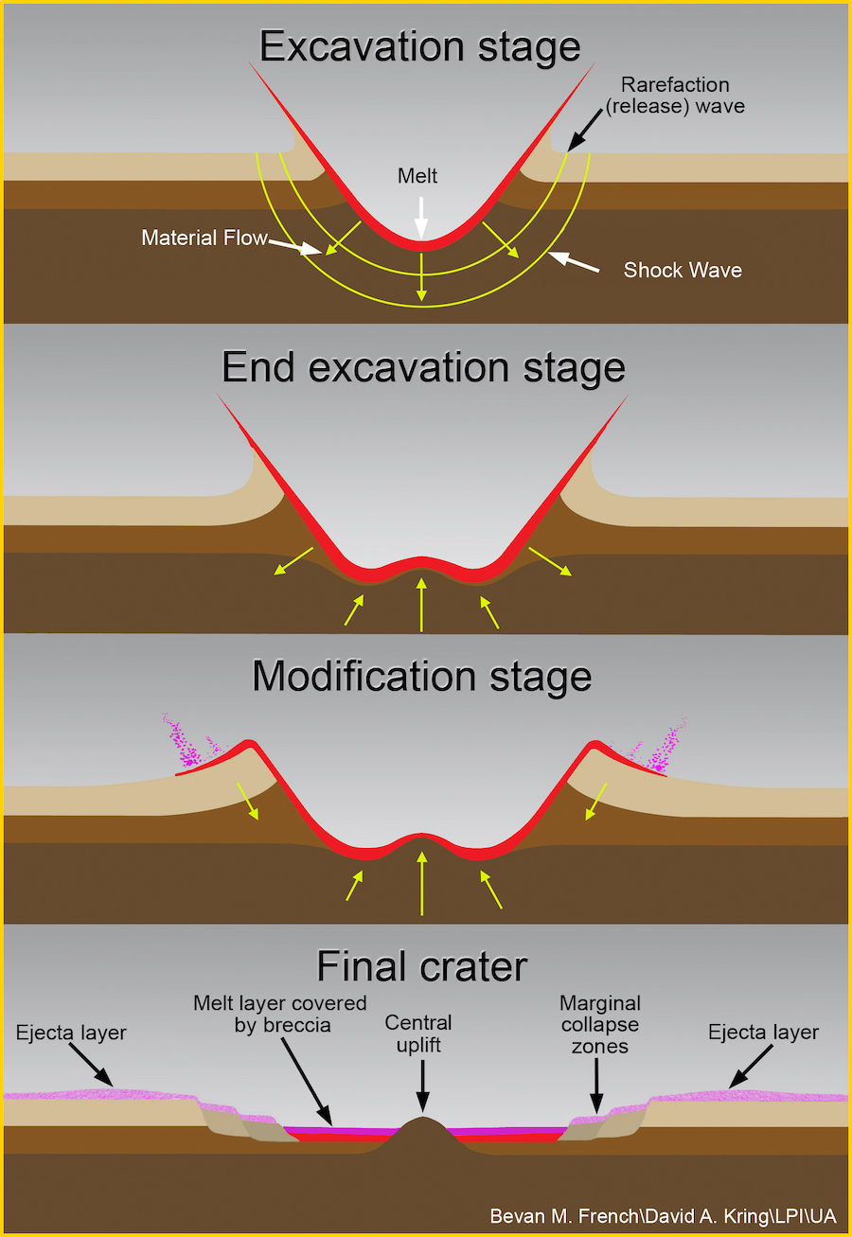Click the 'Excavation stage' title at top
[x=420, y=46]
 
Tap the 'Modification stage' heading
[x=422, y=677]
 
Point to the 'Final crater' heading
[x=421, y=966]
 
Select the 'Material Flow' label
[x=204, y=238]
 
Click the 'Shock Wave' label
[x=683, y=270]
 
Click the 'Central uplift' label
[x=417, y=1034]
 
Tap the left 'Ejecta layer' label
[x=71, y=1032]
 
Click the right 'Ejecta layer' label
[x=763, y=1032]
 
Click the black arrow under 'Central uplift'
[x=422, y=1085]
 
